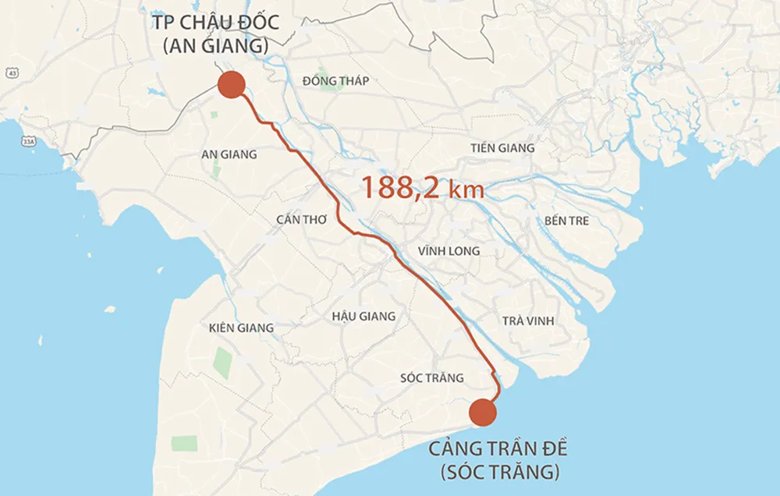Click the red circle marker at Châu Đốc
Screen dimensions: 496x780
click(230, 84)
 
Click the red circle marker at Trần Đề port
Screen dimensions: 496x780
click(483, 413)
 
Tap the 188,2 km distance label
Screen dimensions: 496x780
click(422, 189)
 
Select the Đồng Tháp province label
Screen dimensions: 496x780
click(335, 81)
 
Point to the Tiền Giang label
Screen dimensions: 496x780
click(502, 148)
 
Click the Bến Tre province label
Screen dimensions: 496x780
click(566, 221)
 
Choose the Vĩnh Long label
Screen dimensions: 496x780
click(448, 251)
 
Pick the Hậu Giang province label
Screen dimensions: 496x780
click(363, 316)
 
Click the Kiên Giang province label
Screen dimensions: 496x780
click(242, 328)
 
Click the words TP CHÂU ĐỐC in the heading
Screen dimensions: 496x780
click(214, 21)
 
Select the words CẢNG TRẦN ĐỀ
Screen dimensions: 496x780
click(498, 450)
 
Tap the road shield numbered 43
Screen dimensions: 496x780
click(11, 73)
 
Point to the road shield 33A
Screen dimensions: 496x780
click(29, 142)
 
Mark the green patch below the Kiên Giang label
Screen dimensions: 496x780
click(223, 363)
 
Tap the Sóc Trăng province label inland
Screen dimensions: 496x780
click(431, 377)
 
